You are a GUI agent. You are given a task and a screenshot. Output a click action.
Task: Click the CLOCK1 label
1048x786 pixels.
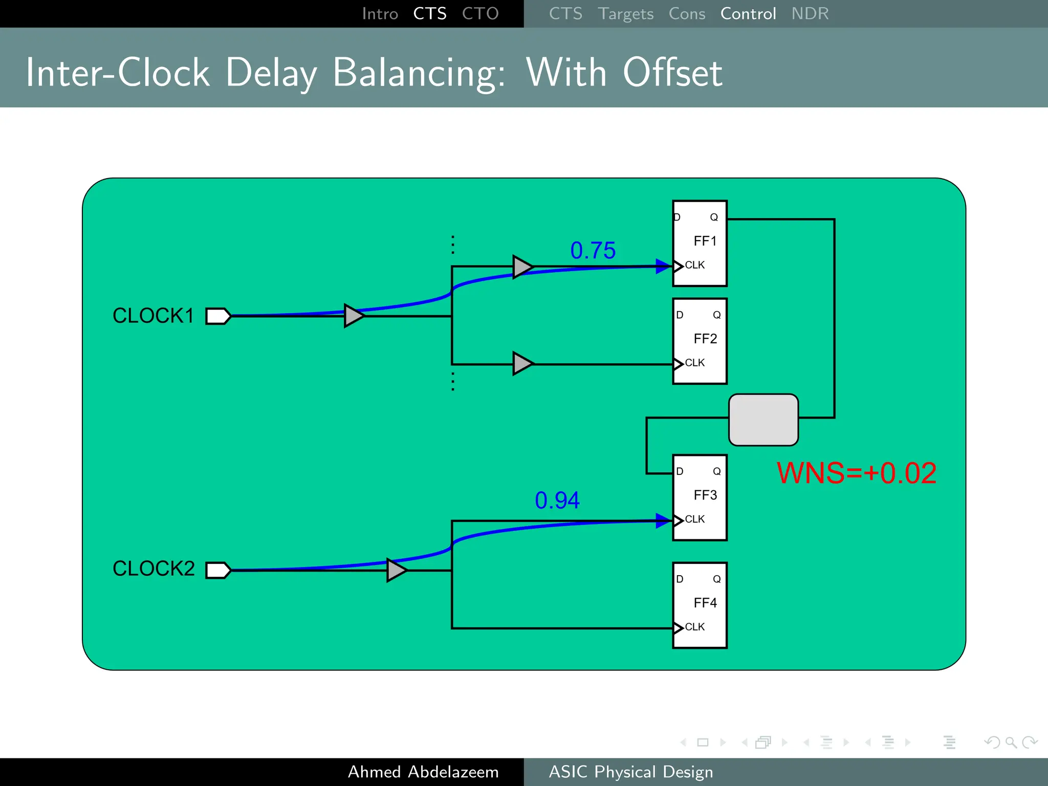coord(153,316)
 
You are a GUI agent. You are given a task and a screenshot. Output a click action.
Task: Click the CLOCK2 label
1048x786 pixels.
coord(154,569)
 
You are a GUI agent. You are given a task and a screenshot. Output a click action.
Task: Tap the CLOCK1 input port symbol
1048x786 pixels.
coord(218,316)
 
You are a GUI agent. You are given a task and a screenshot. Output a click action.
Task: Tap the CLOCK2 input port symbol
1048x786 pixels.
coord(218,570)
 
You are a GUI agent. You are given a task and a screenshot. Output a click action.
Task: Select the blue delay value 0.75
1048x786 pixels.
coord(593,251)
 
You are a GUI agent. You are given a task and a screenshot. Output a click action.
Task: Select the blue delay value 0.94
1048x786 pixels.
coord(557,500)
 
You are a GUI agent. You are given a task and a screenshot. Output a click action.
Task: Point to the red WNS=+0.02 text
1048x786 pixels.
coord(856,473)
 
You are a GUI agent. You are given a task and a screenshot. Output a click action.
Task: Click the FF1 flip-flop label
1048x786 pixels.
coord(705,241)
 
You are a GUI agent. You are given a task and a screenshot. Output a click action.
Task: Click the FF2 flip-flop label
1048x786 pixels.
coord(705,339)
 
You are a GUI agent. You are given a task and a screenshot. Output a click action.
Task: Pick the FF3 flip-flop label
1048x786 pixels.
coord(705,495)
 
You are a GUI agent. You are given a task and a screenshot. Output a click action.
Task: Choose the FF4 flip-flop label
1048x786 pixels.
coord(705,603)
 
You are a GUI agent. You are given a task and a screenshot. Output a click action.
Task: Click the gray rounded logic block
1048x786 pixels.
coord(763,420)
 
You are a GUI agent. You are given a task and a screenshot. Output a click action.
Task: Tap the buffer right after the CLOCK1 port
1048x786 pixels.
coord(354,316)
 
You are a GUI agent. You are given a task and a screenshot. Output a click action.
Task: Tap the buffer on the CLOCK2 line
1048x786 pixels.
coord(397,570)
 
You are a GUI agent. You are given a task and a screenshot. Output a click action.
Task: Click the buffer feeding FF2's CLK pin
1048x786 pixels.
coord(522,364)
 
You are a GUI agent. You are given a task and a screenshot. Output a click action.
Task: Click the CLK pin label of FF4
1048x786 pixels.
coord(694,627)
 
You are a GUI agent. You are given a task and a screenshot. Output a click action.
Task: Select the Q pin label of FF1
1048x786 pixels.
coord(714,217)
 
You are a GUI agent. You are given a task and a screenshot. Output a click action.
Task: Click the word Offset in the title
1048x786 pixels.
coord(672,73)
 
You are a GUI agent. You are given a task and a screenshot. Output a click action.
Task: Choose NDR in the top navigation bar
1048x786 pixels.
coord(810,14)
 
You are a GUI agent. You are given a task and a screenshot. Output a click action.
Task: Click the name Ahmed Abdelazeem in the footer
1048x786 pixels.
coord(423,772)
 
